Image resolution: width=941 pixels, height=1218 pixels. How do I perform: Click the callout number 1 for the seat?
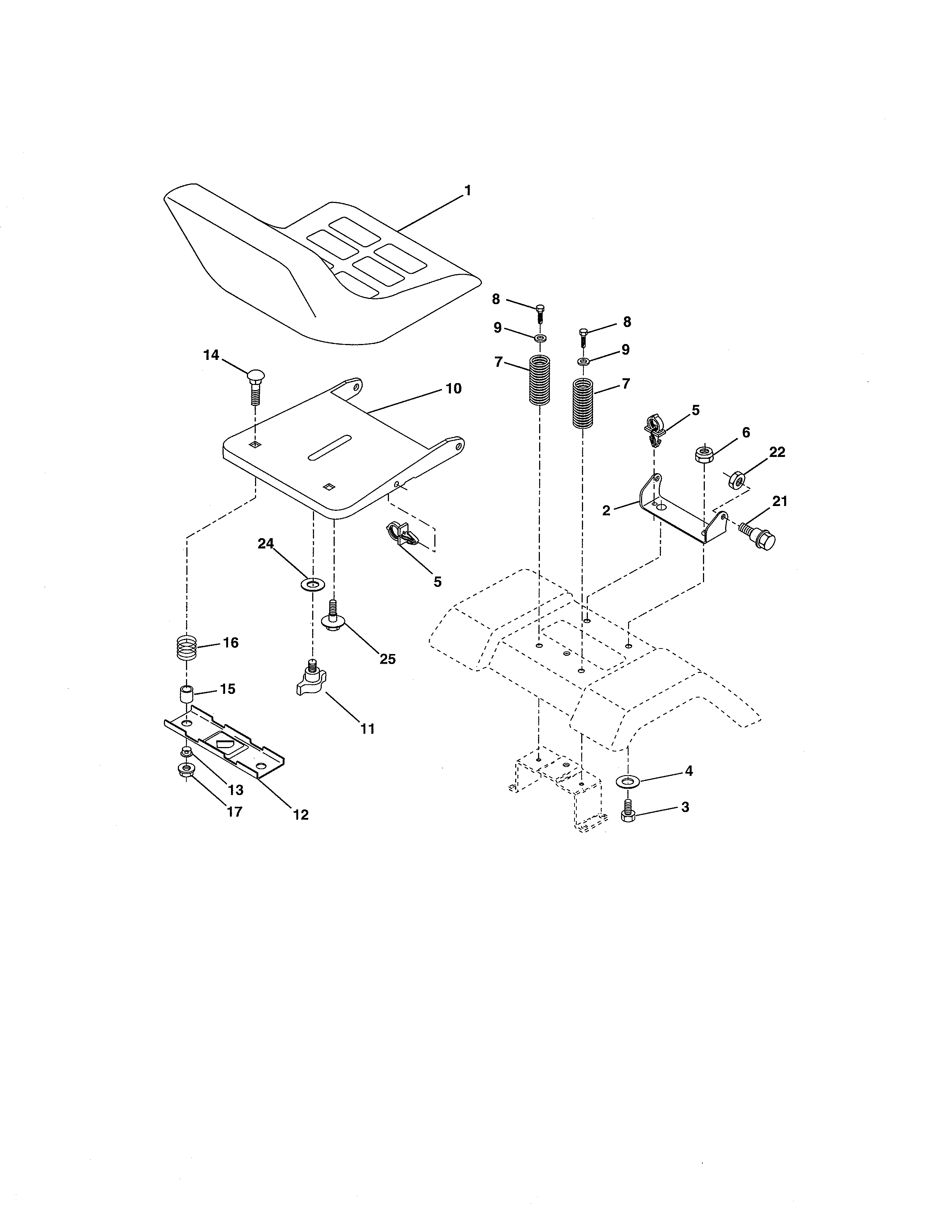click(468, 191)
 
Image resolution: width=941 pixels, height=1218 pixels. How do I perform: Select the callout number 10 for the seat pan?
click(454, 389)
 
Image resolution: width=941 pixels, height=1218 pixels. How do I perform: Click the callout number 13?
click(235, 790)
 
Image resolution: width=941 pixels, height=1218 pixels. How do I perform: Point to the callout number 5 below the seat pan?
click(438, 582)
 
